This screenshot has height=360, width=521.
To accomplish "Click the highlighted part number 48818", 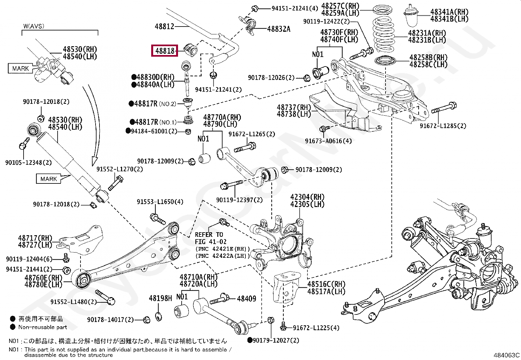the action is click(x=165, y=50).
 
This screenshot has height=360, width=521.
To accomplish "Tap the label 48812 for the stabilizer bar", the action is click(x=164, y=27).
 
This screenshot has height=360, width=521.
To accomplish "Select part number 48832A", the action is click(x=278, y=29).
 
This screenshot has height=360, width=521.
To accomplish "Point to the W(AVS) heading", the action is click(x=34, y=26).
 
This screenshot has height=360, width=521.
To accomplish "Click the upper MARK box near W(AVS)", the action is click(x=21, y=68).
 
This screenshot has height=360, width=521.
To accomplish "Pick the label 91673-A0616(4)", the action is click(x=328, y=141).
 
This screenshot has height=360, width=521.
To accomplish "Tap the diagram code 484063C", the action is click(x=506, y=355).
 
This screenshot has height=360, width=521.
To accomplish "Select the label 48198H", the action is click(x=160, y=298).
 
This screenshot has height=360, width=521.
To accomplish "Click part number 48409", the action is click(x=246, y=298).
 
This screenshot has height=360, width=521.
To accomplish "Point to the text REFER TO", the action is click(x=209, y=235).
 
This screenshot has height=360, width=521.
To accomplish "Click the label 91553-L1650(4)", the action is click(x=160, y=202).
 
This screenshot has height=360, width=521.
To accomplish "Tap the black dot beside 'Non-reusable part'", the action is click(x=12, y=327).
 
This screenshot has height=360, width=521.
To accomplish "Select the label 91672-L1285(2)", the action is click(x=443, y=126).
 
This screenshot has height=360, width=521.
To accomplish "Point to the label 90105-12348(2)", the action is click(x=28, y=162).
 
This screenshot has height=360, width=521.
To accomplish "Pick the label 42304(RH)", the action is click(x=307, y=197).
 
